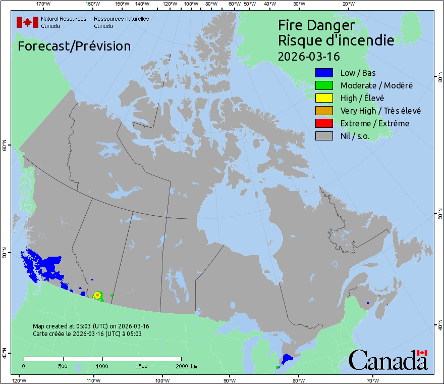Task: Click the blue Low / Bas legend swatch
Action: pyautogui.click(x=324, y=73)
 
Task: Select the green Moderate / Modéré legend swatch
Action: pyautogui.click(x=324, y=85)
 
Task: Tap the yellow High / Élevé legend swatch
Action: pyautogui.click(x=324, y=98)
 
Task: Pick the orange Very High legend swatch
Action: pyautogui.click(x=324, y=111)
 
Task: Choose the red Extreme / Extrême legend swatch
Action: pyautogui.click(x=324, y=123)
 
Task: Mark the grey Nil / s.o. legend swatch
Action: pyautogui.click(x=324, y=136)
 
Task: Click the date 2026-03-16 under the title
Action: pyautogui.click(x=309, y=55)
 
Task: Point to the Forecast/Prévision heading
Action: pyautogui.click(x=74, y=46)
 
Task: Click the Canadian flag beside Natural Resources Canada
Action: pyautogui.click(x=27, y=22)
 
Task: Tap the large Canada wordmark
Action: pyautogui.click(x=388, y=360)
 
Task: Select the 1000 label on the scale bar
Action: pyautogui.click(x=102, y=366)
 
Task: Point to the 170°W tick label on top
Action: pyautogui.click(x=44, y=4)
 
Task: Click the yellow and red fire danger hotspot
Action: pyautogui.click(x=97, y=295)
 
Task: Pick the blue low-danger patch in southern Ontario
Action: pyautogui.click(x=287, y=359)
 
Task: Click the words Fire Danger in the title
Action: pyautogui.click(x=316, y=25)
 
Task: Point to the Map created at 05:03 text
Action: pyautogui.click(x=91, y=326)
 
